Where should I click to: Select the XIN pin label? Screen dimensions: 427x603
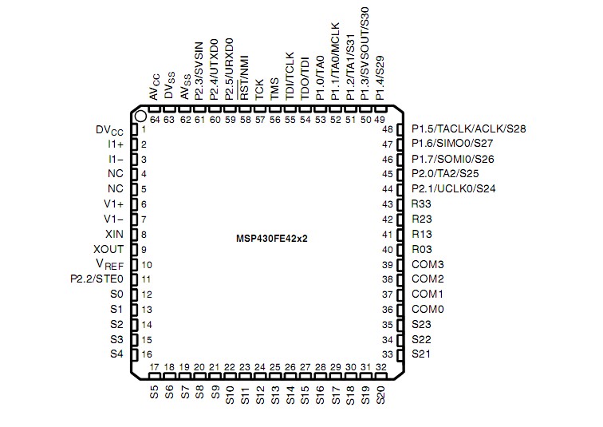(x=114, y=234)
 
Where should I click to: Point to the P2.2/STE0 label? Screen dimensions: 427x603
(x=97, y=279)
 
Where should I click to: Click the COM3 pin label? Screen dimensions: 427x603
(x=428, y=264)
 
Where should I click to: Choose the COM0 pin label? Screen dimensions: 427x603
(x=428, y=309)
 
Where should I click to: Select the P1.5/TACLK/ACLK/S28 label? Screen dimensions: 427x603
(x=468, y=128)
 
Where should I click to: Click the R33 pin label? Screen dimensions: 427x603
(x=422, y=204)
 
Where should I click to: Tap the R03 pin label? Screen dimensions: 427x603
(x=422, y=249)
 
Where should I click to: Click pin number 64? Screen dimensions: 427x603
(x=154, y=120)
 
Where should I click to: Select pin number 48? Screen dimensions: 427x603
(x=388, y=129)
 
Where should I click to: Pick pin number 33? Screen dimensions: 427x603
(x=388, y=354)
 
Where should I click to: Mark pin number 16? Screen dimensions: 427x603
(x=147, y=354)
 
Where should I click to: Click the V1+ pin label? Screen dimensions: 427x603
(x=114, y=204)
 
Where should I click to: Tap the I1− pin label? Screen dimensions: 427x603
(x=116, y=159)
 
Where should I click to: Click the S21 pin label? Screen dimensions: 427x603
(x=421, y=354)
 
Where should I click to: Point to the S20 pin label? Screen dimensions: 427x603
(x=380, y=395)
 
